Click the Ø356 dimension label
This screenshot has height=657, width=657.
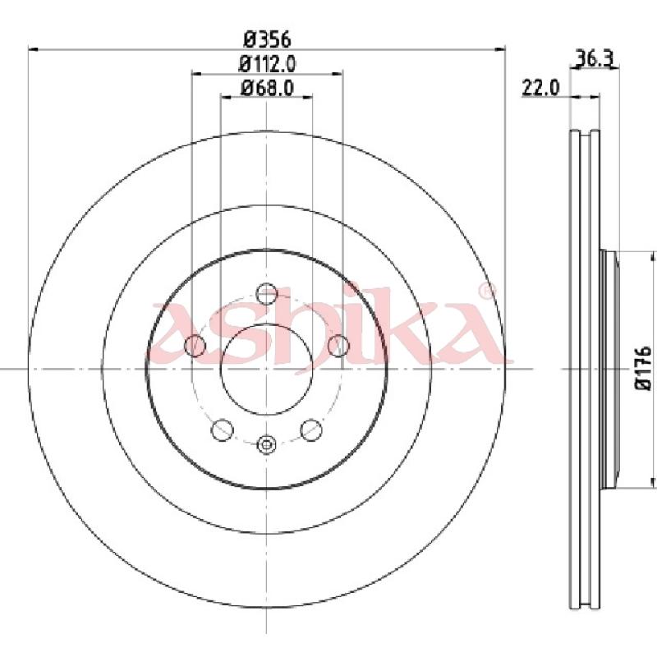click(267, 39)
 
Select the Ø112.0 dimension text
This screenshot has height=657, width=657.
click(267, 64)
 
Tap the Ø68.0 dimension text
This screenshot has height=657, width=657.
click(267, 88)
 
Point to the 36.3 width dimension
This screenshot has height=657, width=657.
click(595, 58)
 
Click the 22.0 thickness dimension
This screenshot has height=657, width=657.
click(540, 88)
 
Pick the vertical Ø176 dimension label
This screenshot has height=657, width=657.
click(643, 368)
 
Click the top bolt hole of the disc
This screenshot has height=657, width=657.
click(266, 293)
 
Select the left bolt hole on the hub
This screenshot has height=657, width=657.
click(195, 345)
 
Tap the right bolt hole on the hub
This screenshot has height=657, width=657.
click(338, 345)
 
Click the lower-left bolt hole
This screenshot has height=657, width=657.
click(223, 430)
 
